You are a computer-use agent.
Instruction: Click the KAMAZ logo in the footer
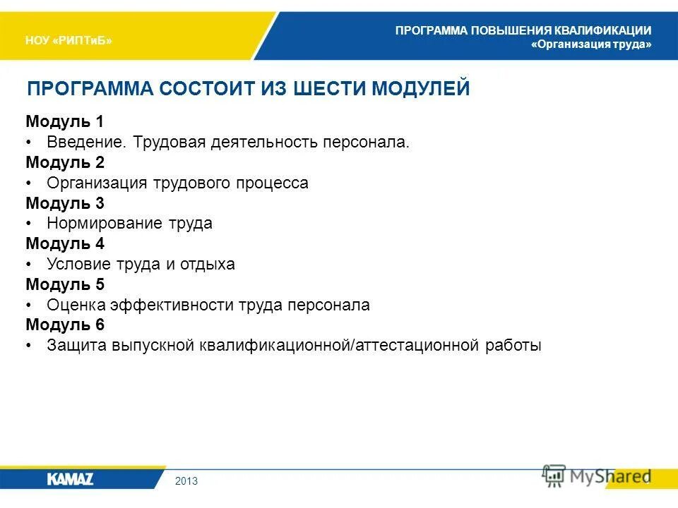(x=70, y=479)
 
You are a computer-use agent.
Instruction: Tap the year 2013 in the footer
(x=186, y=481)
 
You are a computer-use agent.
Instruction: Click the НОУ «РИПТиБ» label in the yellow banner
(x=69, y=40)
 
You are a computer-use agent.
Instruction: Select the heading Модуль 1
(x=65, y=121)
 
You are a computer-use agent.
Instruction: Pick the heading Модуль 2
(x=65, y=162)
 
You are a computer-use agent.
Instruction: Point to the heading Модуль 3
(x=65, y=203)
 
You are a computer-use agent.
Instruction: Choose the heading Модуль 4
(x=65, y=244)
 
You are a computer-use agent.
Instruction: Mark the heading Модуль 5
(x=65, y=285)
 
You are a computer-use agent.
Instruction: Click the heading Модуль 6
(x=65, y=325)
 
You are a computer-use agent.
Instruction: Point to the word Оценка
(x=76, y=306)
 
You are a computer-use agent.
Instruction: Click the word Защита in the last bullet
(x=76, y=346)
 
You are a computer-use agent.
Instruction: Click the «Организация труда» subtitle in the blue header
(x=591, y=44)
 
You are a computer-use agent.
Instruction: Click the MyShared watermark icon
(x=554, y=475)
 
